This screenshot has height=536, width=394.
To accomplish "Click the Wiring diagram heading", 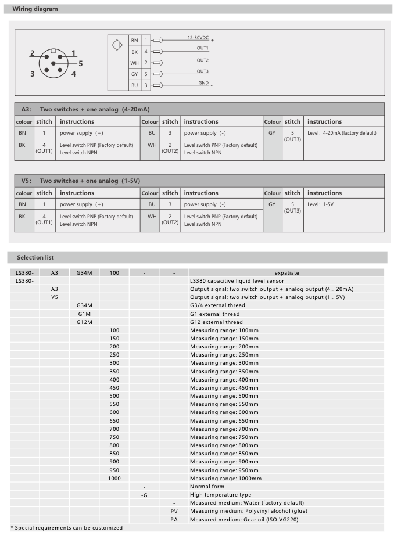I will [x=35, y=9].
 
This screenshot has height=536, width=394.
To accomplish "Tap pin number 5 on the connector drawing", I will [x=81, y=63].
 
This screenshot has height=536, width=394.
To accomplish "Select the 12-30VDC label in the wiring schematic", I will [x=198, y=37].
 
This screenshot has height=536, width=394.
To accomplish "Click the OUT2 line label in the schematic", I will [x=202, y=60].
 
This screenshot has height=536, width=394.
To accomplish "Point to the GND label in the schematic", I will [x=203, y=83].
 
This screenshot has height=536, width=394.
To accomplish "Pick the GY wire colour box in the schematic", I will [x=134, y=74].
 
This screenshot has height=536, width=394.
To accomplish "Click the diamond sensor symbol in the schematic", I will [x=117, y=45].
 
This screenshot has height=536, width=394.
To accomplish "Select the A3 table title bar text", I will [x=85, y=109].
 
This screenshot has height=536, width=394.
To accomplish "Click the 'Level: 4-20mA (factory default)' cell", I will [x=342, y=133].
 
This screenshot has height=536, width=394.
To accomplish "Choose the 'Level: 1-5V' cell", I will [x=320, y=204].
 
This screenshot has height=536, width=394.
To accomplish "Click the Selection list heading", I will [x=35, y=257].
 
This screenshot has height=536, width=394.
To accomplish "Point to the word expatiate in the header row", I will [x=286, y=272].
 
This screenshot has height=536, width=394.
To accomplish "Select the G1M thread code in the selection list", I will [x=84, y=314].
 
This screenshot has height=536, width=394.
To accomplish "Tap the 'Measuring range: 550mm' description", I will [x=224, y=404].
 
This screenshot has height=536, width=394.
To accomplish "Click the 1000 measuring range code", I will [x=114, y=478].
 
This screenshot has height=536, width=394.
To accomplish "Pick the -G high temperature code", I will [x=144, y=495].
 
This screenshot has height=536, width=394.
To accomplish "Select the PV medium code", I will [x=174, y=511].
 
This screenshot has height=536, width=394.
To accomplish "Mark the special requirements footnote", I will [x=67, y=528].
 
